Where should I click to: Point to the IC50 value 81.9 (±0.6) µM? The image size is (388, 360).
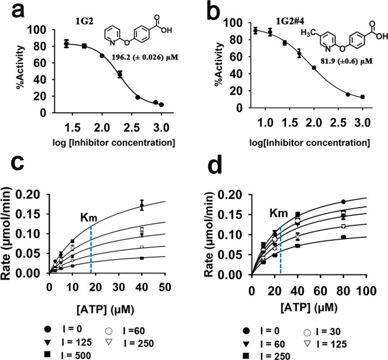click(333, 68)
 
